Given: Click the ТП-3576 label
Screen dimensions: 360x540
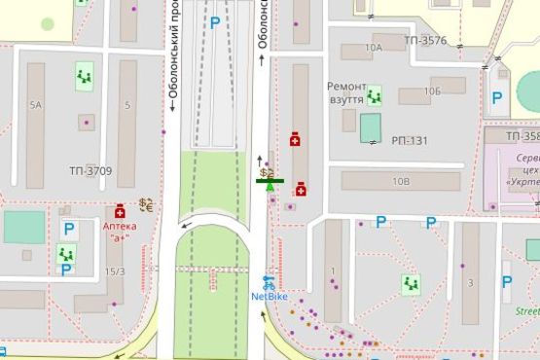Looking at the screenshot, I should point(423,41).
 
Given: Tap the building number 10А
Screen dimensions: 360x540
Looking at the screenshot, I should point(373,47).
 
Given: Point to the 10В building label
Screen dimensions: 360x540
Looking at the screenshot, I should point(401,181).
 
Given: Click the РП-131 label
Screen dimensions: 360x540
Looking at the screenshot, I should point(410,141).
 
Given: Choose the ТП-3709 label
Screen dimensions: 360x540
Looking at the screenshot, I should point(90,172).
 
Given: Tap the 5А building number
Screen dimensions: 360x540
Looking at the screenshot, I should point(36,104).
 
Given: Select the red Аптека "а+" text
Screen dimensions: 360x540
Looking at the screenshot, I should point(120,231).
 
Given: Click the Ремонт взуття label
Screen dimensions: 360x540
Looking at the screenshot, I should point(346,92).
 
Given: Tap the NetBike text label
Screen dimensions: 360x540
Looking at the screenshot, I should point(270,296).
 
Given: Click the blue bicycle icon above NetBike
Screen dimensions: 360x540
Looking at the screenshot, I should point(270,282).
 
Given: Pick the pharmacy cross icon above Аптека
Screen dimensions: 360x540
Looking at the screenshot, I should point(120,211).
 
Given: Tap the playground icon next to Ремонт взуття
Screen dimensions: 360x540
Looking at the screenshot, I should point(375,94).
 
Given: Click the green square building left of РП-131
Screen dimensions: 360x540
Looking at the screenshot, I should point(371,127).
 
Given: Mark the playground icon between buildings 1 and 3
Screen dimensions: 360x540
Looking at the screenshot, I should point(411,284).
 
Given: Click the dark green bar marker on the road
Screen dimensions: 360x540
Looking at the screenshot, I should point(270,180).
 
